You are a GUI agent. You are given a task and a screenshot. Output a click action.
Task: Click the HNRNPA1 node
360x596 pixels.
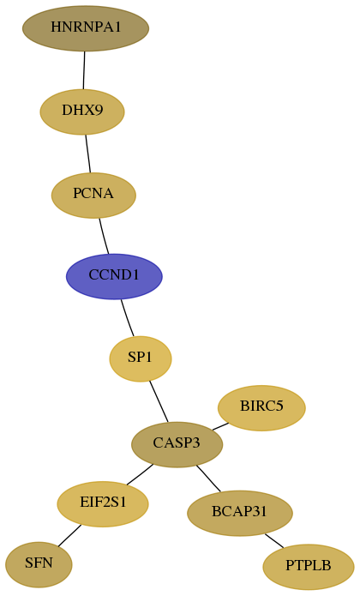click(86, 28)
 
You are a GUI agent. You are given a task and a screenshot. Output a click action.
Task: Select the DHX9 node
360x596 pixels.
click(82, 111)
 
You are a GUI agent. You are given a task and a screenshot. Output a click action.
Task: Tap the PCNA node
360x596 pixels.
click(93, 195)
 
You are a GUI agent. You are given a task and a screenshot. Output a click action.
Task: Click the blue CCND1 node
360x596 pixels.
click(114, 276)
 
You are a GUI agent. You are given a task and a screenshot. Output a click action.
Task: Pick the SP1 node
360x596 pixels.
click(141, 358)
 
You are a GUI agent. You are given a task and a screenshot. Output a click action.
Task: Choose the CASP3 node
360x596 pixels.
click(177, 444)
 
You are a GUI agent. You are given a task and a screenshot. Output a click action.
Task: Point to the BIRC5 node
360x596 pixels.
click(261, 408)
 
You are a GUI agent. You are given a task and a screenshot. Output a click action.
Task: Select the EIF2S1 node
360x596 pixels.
click(103, 504)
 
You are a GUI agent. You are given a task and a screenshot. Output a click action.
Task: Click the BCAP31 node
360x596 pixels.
click(240, 513)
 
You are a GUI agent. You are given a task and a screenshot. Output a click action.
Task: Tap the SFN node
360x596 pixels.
click(39, 564)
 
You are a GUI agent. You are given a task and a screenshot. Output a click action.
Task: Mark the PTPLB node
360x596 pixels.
click(309, 567)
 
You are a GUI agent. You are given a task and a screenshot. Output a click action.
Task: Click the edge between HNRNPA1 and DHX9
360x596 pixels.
click(84, 70)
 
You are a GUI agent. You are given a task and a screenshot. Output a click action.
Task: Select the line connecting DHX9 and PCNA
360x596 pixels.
click(88, 154)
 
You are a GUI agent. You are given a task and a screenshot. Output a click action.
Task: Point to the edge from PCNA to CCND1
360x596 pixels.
click(104, 236)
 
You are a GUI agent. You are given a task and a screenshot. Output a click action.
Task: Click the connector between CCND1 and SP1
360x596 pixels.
click(127, 318)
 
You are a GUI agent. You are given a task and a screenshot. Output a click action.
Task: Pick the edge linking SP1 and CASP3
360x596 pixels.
click(159, 401)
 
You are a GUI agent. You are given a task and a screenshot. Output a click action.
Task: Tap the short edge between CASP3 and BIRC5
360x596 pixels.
click(220, 426)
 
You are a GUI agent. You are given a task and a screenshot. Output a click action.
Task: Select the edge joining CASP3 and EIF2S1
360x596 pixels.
click(140, 474)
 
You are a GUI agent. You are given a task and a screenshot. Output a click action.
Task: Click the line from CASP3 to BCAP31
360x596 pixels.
click(208, 479)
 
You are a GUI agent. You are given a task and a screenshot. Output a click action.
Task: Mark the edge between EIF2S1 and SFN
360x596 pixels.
click(69, 536)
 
